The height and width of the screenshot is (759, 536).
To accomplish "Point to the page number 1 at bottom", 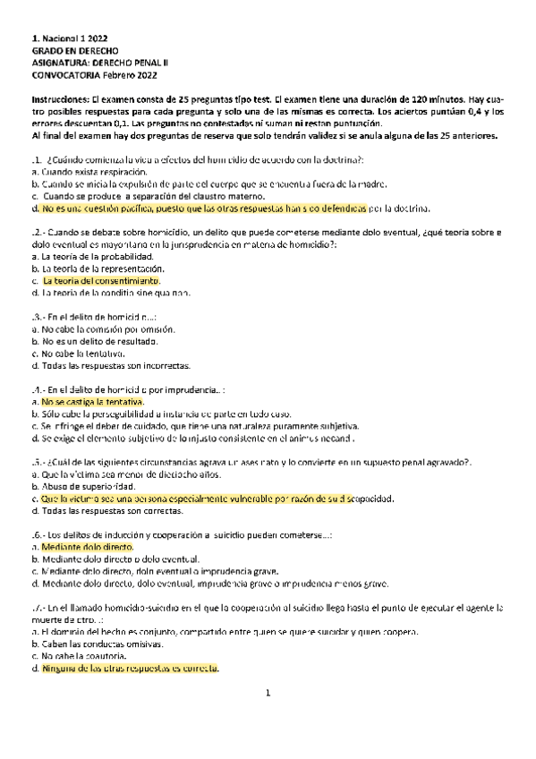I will [x=268, y=693].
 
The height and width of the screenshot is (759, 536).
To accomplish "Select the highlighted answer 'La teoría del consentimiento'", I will [x=100, y=280].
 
